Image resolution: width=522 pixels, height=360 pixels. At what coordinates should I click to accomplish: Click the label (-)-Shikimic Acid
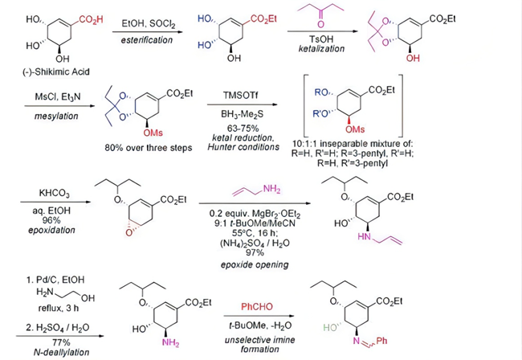pyautogui.click(x=56, y=72)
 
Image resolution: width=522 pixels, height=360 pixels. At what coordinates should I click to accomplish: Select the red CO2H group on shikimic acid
pyautogui.click(x=91, y=19)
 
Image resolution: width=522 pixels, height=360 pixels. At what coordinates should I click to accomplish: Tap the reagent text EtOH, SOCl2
pyautogui.click(x=148, y=23)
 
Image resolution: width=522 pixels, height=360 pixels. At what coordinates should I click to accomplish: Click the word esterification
pyautogui.click(x=147, y=40)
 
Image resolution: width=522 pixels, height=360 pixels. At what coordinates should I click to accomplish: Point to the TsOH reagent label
pyautogui.click(x=321, y=39)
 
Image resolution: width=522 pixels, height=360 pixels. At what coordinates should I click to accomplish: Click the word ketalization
pyautogui.click(x=321, y=49)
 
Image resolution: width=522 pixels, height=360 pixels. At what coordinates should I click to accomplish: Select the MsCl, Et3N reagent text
pyautogui.click(x=58, y=96)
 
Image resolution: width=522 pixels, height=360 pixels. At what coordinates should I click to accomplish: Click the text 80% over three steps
pyautogui.click(x=149, y=148)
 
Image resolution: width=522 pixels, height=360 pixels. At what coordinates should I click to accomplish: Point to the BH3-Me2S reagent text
pyautogui.click(x=242, y=114)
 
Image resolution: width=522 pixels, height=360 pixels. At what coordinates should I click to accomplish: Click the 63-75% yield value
pyautogui.click(x=243, y=129)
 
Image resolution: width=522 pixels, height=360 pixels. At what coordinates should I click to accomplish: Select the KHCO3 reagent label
pyautogui.click(x=55, y=194)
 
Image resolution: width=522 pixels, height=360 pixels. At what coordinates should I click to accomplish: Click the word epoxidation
pyautogui.click(x=51, y=230)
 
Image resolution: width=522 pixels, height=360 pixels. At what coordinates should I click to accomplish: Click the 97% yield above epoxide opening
pyautogui.click(x=255, y=253)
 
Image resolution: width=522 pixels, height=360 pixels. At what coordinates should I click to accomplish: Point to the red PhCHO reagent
pyautogui.click(x=257, y=306)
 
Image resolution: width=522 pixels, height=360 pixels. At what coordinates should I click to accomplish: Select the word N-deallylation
pyautogui.click(x=62, y=352)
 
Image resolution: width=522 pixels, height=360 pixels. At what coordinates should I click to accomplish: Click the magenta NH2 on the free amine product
pyautogui.click(x=170, y=342)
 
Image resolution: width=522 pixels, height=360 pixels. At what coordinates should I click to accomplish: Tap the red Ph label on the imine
pyautogui.click(x=381, y=341)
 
